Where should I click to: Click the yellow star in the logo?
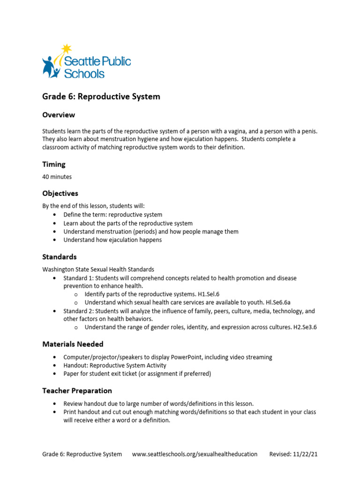click(67, 48)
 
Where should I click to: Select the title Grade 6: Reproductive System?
click(101, 97)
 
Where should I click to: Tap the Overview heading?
click(58, 115)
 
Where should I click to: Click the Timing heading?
click(54, 165)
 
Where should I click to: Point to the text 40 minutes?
click(57, 177)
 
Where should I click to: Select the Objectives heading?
click(60, 193)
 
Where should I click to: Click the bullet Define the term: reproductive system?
click(112, 215)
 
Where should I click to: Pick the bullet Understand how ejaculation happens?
click(112, 240)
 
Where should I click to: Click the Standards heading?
click(59, 257)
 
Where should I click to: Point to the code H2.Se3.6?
click(308, 327)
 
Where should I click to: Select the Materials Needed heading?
click(73, 344)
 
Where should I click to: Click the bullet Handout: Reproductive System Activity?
click(115, 366)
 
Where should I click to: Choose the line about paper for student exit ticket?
click(137, 374)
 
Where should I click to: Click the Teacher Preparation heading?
click(77, 390)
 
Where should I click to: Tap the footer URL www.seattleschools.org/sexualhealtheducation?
click(195, 454)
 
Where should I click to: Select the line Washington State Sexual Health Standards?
click(98, 270)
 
